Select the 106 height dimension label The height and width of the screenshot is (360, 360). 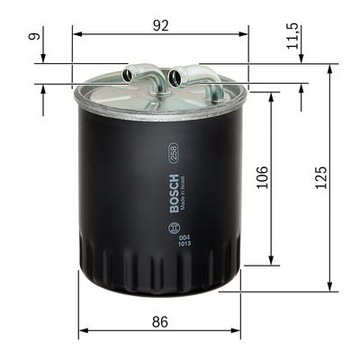coord(262,177)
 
